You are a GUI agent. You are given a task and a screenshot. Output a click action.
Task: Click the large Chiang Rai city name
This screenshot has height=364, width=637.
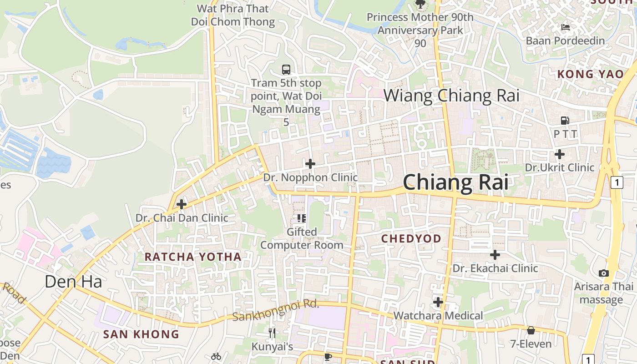455,182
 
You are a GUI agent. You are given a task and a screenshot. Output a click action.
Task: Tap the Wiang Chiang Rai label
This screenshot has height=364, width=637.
451,96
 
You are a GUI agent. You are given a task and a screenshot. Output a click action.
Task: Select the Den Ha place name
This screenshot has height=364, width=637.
73,282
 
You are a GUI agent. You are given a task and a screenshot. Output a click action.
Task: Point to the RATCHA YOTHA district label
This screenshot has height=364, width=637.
193,257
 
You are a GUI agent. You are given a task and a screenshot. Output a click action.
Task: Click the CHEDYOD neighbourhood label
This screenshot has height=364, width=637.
411,238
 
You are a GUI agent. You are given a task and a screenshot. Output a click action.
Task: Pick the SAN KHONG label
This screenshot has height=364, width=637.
141,334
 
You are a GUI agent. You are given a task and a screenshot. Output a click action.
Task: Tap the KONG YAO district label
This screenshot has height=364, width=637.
591,74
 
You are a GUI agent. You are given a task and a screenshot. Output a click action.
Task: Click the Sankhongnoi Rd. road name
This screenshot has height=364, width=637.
276,310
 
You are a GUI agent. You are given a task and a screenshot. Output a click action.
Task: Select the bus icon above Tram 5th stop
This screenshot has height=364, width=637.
286,70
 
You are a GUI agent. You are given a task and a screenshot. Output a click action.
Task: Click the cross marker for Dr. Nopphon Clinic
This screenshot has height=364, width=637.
310,164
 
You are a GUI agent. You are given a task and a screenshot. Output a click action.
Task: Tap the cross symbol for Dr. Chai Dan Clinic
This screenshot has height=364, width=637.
182,204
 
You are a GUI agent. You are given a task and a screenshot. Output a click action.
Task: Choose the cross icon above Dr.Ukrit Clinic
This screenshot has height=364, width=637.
560,154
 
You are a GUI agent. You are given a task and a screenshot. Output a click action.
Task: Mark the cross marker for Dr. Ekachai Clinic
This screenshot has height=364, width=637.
495,255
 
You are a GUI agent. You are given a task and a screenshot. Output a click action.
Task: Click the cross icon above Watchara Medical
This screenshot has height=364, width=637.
438,302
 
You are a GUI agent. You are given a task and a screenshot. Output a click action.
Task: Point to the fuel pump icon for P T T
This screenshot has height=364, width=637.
565,121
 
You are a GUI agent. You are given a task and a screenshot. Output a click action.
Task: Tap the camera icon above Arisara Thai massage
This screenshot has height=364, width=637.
604,273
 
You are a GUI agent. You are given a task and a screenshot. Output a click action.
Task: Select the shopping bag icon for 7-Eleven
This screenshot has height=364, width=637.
531,330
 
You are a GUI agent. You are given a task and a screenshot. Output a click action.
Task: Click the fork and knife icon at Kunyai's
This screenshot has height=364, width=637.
272,333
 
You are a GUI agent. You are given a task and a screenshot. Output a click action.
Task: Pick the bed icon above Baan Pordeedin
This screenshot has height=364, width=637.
565,27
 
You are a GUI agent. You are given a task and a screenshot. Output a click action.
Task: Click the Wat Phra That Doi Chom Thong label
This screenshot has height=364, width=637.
233,15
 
